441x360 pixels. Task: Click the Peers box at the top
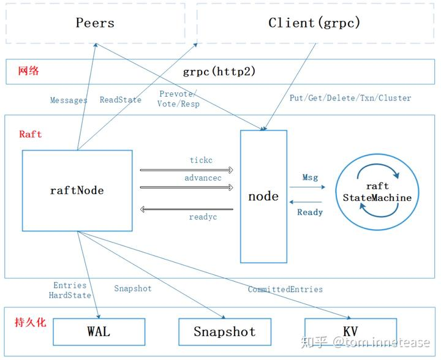point(95,23)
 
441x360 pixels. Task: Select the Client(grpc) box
point(314,23)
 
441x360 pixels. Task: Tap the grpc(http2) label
point(219,71)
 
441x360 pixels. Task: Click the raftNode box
point(77,190)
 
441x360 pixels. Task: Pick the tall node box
point(263,196)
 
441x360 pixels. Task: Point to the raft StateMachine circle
point(377,190)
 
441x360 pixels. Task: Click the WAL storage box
point(99,331)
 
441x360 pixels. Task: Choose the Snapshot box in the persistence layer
point(224,332)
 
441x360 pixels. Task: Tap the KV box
point(350,331)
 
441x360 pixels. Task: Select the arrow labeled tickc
point(187,170)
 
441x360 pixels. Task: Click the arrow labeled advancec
point(187,187)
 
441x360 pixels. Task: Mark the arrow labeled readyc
point(187,209)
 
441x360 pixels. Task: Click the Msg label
point(310,178)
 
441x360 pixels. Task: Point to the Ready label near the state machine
point(310,212)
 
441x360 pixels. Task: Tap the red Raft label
point(31,134)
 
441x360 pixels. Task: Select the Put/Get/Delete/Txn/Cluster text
point(350,97)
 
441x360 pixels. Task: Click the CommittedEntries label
point(285,289)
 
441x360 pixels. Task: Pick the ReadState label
point(121,100)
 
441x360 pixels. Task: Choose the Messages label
point(69,100)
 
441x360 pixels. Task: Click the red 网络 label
point(28,71)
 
